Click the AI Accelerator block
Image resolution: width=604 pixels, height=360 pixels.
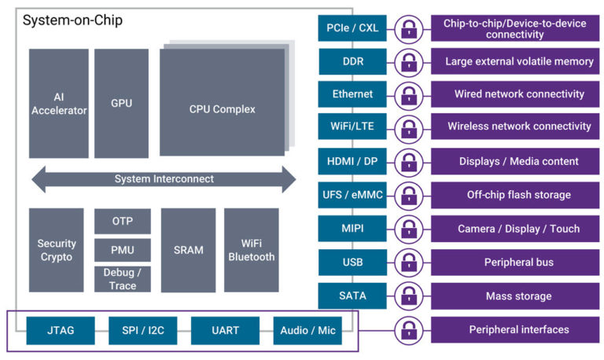(59, 103)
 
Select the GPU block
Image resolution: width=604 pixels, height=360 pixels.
(121, 103)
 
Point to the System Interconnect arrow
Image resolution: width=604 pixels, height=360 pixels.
(164, 179)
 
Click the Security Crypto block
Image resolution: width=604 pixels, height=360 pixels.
(56, 250)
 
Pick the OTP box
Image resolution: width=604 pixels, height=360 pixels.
(122, 221)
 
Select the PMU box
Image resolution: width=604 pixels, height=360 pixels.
(122, 250)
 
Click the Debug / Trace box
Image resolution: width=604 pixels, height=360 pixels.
(122, 279)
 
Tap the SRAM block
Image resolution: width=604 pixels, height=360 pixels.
(188, 250)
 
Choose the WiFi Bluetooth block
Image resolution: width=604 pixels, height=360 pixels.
(251, 250)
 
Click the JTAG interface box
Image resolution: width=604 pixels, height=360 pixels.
(61, 330)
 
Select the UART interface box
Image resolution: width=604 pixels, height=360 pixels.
(225, 330)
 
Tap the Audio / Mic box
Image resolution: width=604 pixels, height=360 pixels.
(308, 330)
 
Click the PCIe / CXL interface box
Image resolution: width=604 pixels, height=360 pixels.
(352, 28)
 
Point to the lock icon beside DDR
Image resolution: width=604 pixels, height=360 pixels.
(408, 61)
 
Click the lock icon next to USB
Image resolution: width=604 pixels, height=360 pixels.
(408, 263)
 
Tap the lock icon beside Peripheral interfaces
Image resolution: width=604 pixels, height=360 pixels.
(408, 329)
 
